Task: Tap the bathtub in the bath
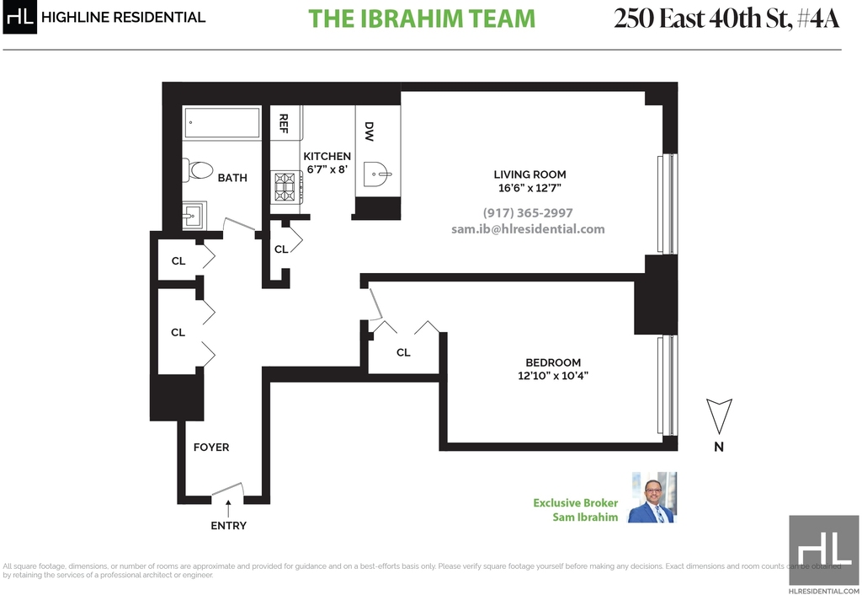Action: [222, 123]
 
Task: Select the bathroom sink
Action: [194, 215]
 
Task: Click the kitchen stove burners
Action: [285, 186]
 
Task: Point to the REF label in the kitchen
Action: [284, 123]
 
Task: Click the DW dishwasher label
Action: [369, 131]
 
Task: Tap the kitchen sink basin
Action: [378, 175]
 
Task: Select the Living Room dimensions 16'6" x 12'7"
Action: [530, 188]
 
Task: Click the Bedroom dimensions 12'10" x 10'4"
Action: [553, 376]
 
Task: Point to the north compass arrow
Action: [719, 415]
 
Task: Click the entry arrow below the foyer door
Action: [228, 508]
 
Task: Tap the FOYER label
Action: [211, 448]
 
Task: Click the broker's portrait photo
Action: [652, 497]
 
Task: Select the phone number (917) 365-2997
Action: [528, 213]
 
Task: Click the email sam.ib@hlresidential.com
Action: [528, 229]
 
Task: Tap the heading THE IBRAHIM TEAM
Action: [422, 19]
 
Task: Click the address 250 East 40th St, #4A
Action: [726, 19]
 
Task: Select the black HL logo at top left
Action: [20, 17]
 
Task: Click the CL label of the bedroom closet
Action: [403, 352]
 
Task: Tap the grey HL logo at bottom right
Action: [823, 550]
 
